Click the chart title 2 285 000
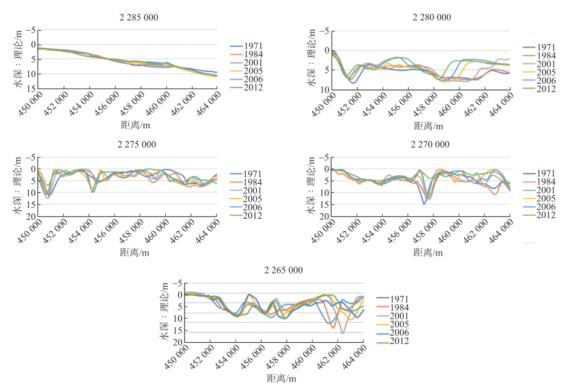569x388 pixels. (139, 17)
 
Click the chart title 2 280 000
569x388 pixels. (432, 17)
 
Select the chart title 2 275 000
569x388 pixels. (139, 145)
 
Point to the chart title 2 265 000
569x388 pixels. (285, 271)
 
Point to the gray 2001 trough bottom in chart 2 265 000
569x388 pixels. (342, 333)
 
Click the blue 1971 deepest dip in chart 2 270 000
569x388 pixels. (424, 204)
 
